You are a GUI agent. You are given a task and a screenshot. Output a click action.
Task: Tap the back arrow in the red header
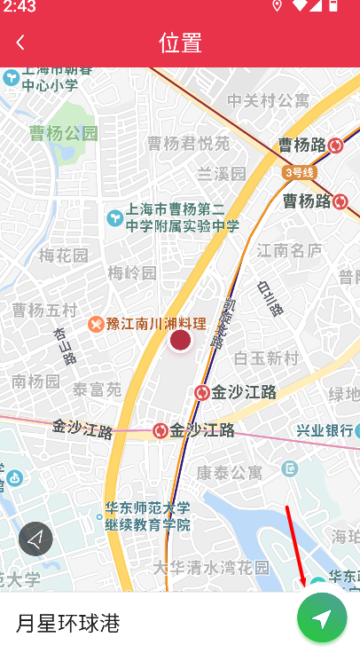(20, 43)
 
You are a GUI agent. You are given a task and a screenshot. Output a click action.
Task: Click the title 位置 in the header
(180, 43)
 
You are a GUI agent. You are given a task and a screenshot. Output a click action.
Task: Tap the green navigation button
(322, 618)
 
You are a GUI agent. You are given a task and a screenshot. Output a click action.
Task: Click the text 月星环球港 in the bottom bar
(68, 623)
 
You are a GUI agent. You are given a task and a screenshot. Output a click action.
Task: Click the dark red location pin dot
(180, 340)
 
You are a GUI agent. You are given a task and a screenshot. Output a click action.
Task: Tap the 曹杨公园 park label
(63, 134)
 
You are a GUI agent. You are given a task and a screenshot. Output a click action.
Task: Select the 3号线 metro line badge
(300, 172)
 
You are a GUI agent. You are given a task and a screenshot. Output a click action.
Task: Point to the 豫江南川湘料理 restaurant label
(155, 324)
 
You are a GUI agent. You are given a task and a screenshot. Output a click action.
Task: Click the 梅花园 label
(64, 256)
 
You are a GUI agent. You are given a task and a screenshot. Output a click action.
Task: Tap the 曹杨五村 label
(44, 310)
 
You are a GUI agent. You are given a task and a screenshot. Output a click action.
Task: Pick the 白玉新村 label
(266, 358)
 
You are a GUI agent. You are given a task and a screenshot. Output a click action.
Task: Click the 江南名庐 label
(289, 251)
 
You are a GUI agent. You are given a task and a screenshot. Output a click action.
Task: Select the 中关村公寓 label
(268, 100)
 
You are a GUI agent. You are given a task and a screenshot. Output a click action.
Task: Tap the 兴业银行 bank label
(325, 430)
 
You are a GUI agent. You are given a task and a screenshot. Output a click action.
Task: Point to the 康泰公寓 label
(229, 472)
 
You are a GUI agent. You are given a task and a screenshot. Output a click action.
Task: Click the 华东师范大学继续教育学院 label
(147, 516)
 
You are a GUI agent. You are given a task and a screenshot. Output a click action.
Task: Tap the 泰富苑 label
(97, 389)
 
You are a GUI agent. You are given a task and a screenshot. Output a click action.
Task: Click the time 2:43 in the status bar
(19, 7)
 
